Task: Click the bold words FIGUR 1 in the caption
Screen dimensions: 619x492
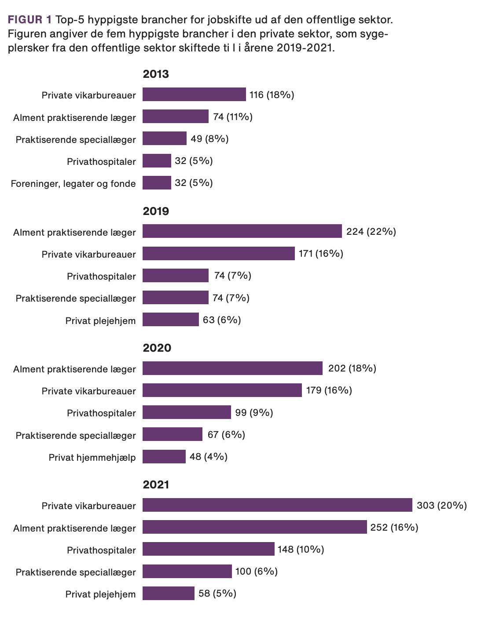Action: tap(30, 20)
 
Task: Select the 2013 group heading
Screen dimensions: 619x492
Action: tap(156, 74)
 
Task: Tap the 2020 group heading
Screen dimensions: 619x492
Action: tap(157, 348)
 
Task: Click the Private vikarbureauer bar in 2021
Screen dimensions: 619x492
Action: tap(277, 505)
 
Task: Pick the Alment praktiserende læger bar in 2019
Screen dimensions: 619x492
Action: tap(242, 231)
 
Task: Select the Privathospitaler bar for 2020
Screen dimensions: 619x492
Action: tap(187, 412)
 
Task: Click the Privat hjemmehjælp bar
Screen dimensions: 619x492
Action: tap(164, 456)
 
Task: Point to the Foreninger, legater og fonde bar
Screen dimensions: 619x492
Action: tap(157, 183)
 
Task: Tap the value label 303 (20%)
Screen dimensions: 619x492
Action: tap(441, 506)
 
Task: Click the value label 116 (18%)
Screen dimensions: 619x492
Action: tap(272, 95)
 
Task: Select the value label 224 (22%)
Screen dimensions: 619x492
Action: tap(371, 232)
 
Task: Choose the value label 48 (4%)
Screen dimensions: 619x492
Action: tap(208, 457)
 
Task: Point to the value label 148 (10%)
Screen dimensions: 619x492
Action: tap(301, 550)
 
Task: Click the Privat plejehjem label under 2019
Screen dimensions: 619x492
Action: tap(100, 320)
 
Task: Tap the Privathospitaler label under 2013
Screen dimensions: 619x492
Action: tap(101, 161)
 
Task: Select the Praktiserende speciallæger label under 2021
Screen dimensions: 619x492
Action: tap(76, 572)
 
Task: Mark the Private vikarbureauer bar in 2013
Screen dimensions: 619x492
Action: tap(194, 95)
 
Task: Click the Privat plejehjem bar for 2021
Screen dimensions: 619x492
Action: tap(169, 593)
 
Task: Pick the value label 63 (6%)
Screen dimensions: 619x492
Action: tap(222, 320)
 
